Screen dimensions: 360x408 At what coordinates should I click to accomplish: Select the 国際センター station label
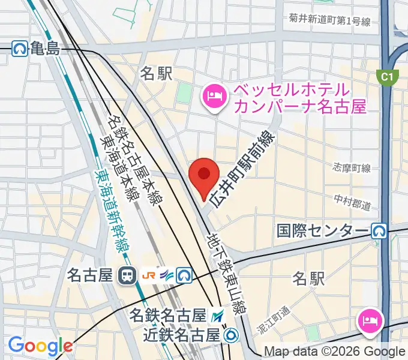(x=322, y=230)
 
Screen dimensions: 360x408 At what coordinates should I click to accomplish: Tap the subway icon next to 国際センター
(x=378, y=230)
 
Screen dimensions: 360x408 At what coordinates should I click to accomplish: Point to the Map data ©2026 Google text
(x=335, y=352)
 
